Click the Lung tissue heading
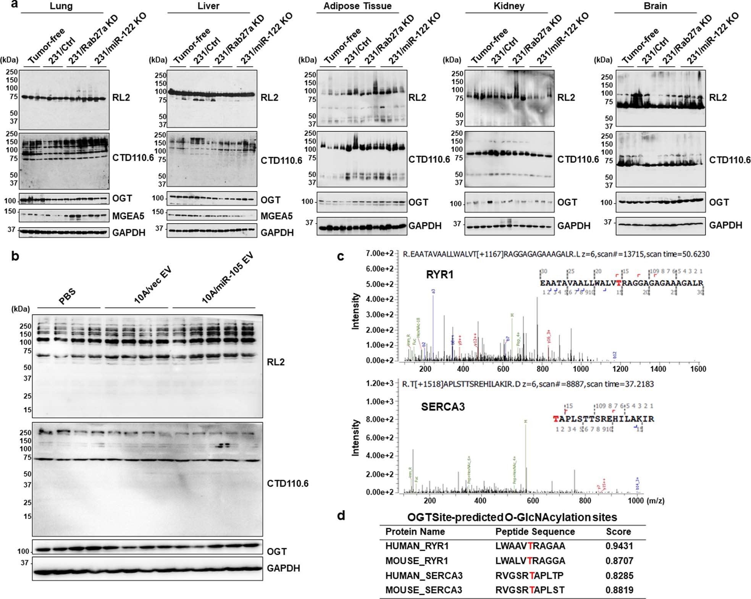61,6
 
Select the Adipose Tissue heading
357,6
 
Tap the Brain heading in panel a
655,6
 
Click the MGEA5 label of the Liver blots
276,216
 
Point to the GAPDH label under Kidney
573,226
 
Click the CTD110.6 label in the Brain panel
730,160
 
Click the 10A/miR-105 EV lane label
228,278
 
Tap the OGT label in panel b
276,551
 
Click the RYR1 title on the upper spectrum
439,274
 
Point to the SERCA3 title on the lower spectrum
443,407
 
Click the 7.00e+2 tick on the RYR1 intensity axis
380,253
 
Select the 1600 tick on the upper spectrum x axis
698,369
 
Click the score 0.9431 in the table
619,546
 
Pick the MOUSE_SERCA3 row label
423,590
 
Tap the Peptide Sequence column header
535,532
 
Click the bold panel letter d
341,516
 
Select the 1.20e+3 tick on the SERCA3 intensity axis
380,383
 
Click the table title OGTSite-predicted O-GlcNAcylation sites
512,517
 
